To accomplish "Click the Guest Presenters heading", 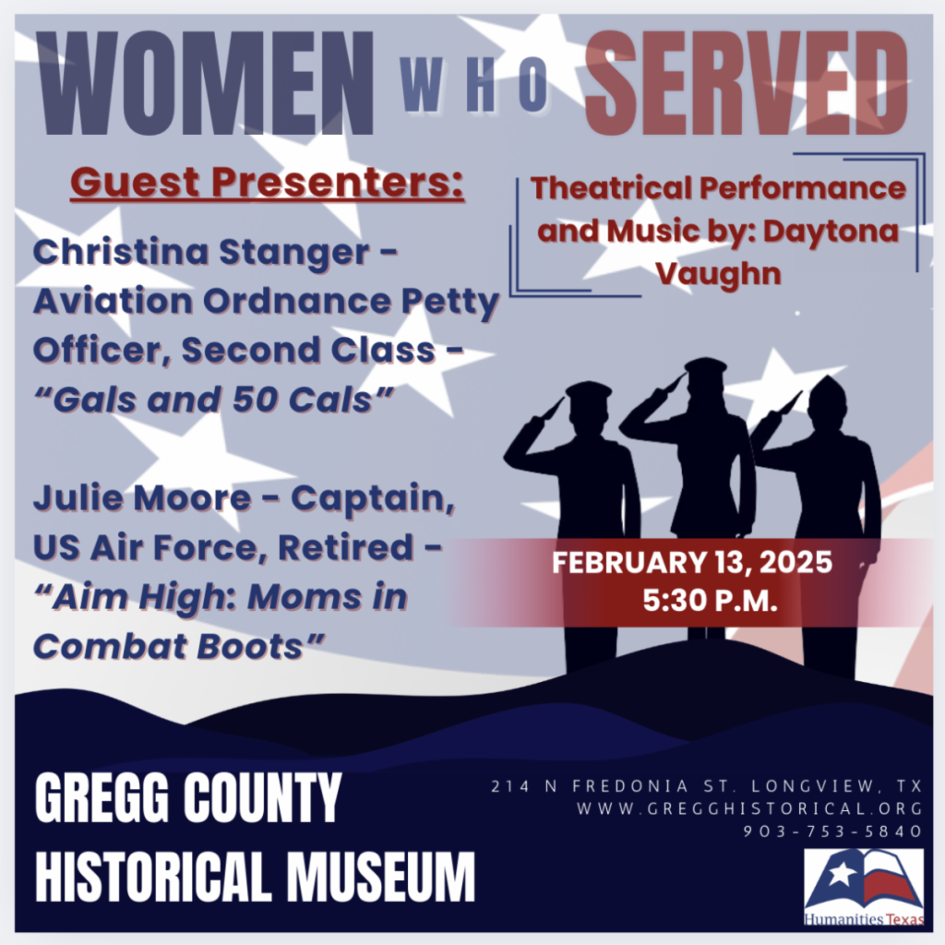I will click(268, 182).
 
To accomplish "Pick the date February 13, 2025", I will click(692, 562).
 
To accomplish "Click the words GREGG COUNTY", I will click(188, 800).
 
